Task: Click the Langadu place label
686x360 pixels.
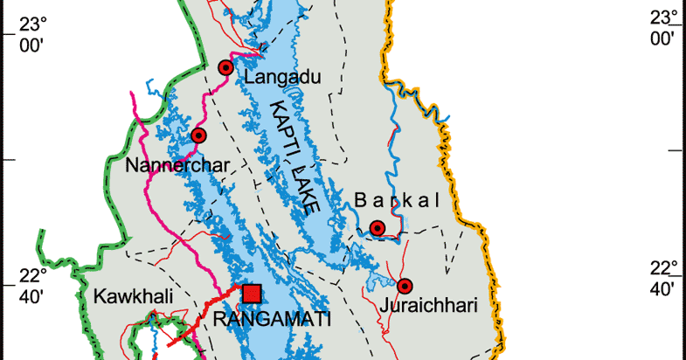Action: point(282,78)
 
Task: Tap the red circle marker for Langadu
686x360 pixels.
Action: point(225,67)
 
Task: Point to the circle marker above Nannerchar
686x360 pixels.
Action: point(198,135)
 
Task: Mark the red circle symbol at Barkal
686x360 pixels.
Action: point(377,228)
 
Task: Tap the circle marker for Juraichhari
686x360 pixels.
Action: point(405,286)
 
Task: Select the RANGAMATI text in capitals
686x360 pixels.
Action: point(267,320)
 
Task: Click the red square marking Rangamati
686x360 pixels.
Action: point(253,293)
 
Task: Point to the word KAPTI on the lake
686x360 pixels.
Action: point(286,131)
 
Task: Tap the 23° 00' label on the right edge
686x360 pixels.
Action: point(662,29)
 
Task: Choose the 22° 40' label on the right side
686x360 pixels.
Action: point(662,279)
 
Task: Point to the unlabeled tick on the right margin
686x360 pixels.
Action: point(676,150)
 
